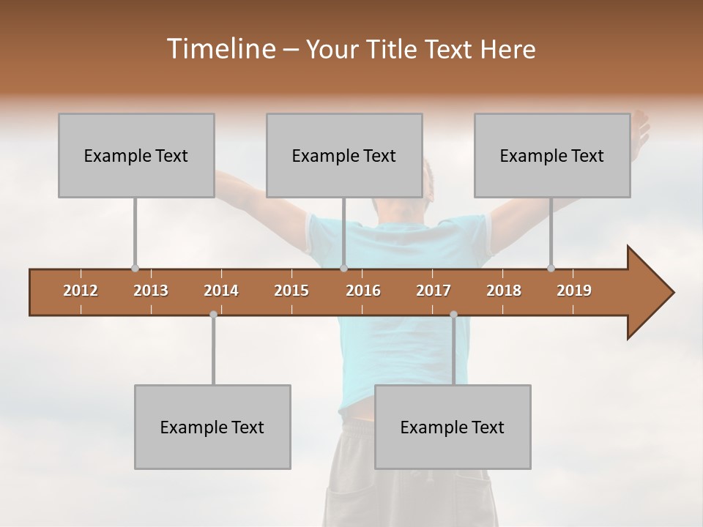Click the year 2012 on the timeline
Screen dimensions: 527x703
81,291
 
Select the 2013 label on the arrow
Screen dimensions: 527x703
151,291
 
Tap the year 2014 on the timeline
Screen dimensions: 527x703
221,291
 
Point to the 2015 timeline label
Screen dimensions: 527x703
291,291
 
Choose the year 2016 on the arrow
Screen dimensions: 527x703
363,291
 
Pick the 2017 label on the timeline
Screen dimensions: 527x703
434,291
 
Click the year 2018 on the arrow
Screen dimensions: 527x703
504,291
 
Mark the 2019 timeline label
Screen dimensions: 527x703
574,291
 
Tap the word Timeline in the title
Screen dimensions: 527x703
220,49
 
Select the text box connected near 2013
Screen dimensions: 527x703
136,155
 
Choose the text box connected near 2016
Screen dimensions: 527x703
344,155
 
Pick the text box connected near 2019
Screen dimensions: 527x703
552,155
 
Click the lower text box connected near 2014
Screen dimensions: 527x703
212,427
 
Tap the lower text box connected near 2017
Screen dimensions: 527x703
453,427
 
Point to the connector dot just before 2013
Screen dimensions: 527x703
135,269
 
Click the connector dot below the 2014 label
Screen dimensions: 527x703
213,314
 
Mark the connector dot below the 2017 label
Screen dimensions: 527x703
453,314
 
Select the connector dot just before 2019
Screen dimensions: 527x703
551,269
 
